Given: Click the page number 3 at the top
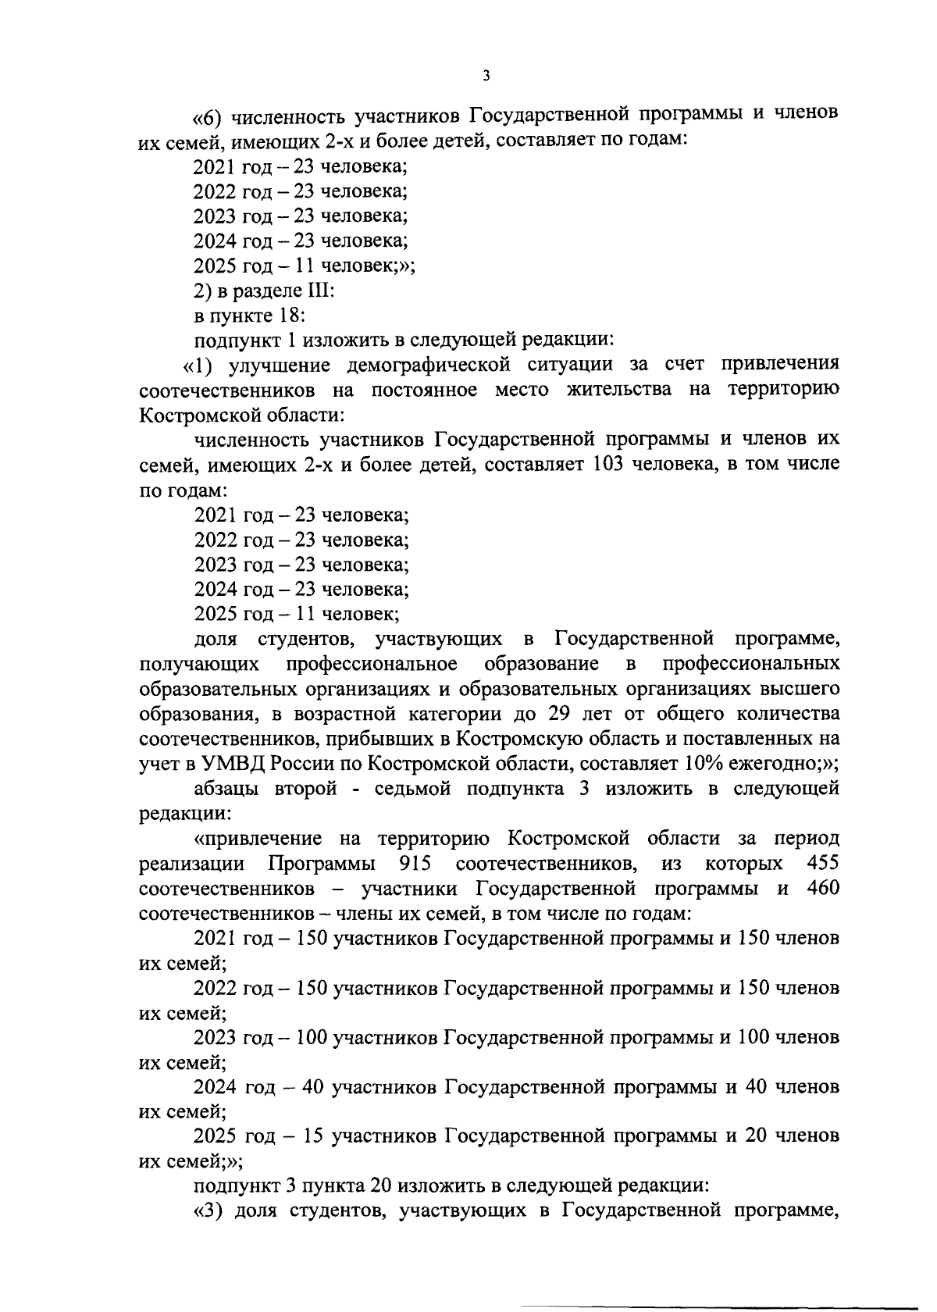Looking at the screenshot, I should [486, 76].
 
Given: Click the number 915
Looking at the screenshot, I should [415, 864].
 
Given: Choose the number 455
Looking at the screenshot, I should [823, 864].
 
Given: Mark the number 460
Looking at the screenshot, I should [823, 889].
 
